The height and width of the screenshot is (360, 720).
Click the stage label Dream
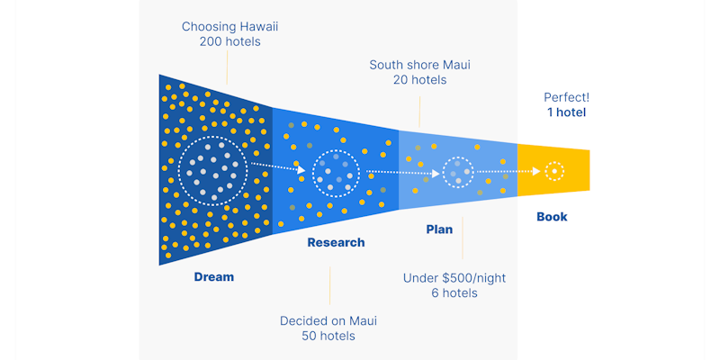click(213, 277)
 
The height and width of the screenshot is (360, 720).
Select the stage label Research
click(336, 242)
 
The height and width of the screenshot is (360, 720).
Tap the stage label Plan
click(439, 229)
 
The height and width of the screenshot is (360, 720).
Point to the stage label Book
click(552, 217)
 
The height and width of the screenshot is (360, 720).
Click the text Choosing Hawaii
click(229, 27)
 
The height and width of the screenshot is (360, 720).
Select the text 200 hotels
click(229, 42)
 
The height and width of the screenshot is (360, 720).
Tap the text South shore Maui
click(419, 65)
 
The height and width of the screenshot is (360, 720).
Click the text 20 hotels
click(419, 80)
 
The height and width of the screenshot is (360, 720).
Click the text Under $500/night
click(454, 278)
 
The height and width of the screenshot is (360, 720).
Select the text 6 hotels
click(454, 293)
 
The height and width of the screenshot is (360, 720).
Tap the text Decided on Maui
click(328, 321)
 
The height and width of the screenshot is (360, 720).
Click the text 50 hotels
click(328, 337)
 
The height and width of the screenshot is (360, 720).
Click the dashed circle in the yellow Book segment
click(554, 170)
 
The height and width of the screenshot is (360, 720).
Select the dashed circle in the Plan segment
click(458, 170)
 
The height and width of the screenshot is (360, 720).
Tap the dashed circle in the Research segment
click(336, 171)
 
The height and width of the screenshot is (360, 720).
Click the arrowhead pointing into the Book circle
click(536, 170)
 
